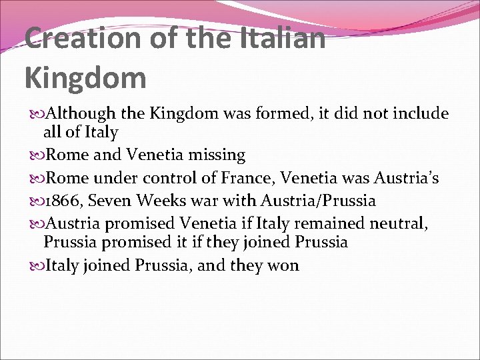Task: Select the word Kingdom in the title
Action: [x=85, y=77]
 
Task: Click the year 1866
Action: [x=62, y=201]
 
